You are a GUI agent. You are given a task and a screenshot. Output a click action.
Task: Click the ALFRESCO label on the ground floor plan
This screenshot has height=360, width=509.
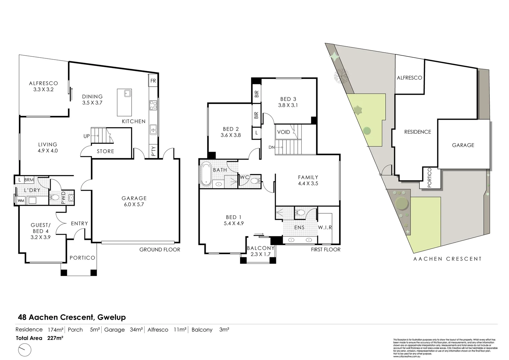point(43,83)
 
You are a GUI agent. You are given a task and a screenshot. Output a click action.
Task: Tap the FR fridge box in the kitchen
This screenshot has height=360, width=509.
point(153,81)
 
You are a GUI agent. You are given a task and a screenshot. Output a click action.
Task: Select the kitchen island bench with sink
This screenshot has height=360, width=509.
point(124,98)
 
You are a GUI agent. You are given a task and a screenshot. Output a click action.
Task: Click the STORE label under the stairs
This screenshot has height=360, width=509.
point(105,151)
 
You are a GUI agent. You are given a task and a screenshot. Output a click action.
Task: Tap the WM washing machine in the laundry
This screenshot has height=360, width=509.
point(21,200)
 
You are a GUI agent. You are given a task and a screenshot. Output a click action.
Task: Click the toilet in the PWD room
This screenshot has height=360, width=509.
point(54,198)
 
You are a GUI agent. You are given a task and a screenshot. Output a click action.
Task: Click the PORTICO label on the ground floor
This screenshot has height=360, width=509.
point(82,258)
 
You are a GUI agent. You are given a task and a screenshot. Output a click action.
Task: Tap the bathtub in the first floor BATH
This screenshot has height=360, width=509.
point(206,174)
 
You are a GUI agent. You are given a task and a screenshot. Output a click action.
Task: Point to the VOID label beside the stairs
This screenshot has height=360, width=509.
point(284,132)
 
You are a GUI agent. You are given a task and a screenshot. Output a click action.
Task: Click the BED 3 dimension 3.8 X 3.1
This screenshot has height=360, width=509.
point(288,105)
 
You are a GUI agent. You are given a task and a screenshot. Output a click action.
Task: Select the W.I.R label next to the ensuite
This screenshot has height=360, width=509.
point(325,228)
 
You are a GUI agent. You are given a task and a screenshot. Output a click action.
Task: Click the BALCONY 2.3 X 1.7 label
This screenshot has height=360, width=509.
point(261,251)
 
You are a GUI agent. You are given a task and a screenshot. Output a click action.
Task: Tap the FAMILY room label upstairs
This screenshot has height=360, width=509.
point(308,177)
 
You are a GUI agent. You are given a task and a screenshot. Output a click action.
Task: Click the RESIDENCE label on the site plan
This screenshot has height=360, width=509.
point(418,132)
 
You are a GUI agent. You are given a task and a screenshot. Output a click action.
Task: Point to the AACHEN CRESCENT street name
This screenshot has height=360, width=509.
point(447,259)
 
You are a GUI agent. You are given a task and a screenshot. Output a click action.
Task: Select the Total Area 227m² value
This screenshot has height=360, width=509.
point(55,338)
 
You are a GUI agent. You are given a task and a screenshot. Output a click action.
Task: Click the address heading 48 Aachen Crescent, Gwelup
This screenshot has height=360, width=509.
point(72,317)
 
